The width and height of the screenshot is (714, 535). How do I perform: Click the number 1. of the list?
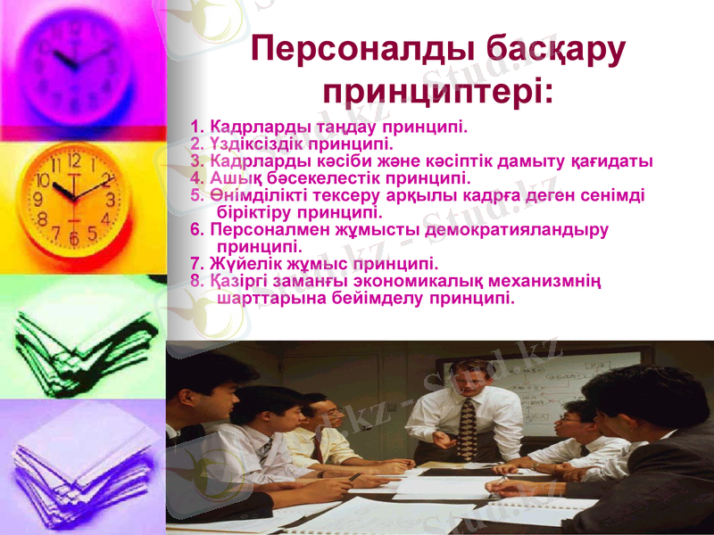pyautogui.click(x=198, y=126)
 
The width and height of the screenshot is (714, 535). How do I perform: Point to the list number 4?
pyautogui.click(x=198, y=178)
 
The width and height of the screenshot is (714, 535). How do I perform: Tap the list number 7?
pyautogui.click(x=198, y=263)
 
